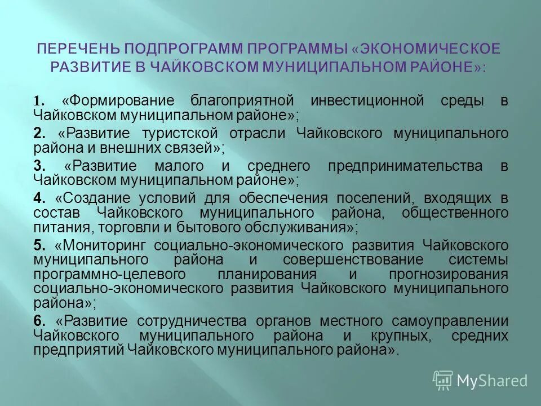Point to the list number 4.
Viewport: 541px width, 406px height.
[39, 198]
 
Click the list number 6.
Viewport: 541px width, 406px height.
[39, 321]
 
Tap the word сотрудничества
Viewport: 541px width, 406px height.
[198, 321]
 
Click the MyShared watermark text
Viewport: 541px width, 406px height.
[492, 381]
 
